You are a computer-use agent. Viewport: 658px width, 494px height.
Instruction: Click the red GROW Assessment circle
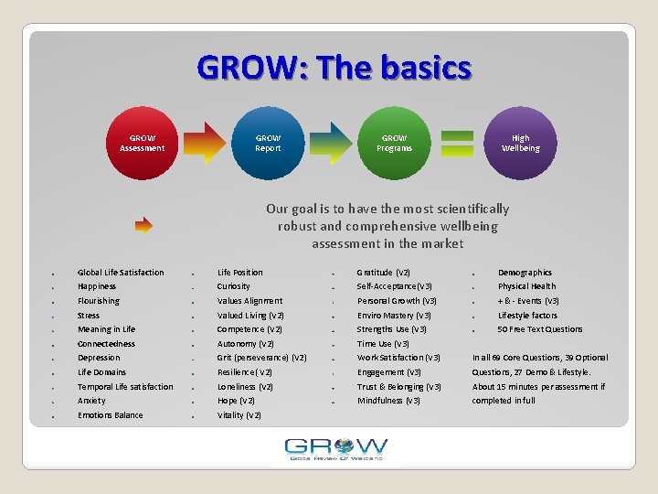[142, 144]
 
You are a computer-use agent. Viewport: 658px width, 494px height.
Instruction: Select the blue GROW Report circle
[268, 144]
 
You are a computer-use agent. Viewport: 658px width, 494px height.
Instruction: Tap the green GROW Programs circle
[394, 144]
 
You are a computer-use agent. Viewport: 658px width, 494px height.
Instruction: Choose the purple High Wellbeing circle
[520, 144]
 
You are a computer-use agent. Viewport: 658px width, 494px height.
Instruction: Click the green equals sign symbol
[457, 144]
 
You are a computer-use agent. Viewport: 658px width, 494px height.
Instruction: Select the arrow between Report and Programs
[331, 144]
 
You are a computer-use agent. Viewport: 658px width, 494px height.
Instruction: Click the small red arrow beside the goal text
[143, 222]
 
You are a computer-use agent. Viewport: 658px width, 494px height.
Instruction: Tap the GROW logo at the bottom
[335, 449]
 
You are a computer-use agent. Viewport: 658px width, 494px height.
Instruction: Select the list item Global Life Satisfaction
[121, 273]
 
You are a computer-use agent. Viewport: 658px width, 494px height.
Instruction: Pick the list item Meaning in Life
[106, 329]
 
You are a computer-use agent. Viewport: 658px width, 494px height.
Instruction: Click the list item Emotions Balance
[110, 415]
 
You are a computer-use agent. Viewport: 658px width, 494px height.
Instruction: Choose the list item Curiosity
[234, 286]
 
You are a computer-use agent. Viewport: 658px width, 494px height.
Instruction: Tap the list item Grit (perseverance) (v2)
[261, 358]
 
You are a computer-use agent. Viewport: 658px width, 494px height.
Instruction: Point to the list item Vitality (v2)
[239, 415]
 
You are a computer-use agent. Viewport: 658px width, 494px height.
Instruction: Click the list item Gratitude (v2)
[383, 273]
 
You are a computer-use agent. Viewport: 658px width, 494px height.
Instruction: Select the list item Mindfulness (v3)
[388, 401]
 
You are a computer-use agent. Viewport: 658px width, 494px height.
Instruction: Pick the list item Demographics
[525, 273]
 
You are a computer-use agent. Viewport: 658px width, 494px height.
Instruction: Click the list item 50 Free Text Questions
[540, 329]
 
